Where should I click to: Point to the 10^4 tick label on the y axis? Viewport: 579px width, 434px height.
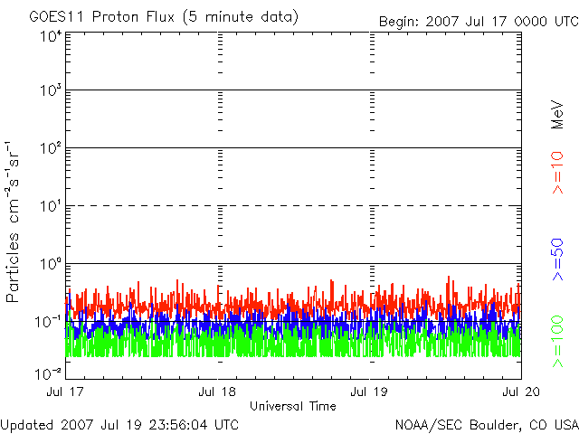point(49,36)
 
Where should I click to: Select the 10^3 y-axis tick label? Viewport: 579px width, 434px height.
point(49,91)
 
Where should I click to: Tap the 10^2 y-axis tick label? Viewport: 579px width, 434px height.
point(49,148)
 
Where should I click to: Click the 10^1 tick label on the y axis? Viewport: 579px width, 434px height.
point(49,206)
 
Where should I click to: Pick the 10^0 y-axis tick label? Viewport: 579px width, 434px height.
point(49,264)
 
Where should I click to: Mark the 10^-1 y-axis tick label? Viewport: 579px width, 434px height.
point(49,322)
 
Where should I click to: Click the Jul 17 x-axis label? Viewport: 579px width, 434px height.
point(66,392)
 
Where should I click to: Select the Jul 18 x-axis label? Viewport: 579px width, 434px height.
point(217,392)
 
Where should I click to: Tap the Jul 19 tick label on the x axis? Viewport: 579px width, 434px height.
point(370,392)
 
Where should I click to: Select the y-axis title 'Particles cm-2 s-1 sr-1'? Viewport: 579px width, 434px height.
point(15,222)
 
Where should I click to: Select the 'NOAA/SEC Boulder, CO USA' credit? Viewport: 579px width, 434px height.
point(486,424)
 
